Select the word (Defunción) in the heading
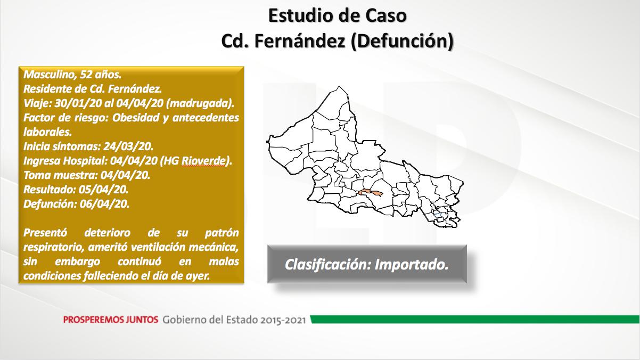(402, 41)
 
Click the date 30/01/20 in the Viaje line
(78, 103)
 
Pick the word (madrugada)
(200, 103)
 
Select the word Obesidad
(135, 118)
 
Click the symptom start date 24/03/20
(128, 146)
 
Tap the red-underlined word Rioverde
(203, 161)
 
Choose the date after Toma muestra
(125, 175)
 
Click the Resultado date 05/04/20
(103, 190)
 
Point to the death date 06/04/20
(104, 204)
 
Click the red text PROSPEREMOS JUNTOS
(111, 320)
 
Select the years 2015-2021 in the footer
(283, 320)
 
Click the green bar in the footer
(475, 319)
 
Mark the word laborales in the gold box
(47, 132)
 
